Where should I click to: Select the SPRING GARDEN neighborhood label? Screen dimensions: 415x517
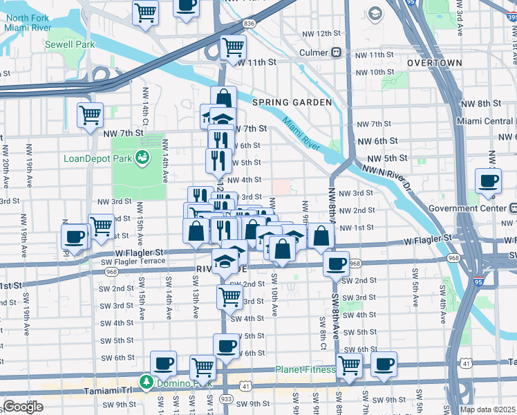[292, 102]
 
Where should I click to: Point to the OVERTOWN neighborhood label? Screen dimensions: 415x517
[434, 63]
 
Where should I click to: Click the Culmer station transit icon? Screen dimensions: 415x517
[337, 53]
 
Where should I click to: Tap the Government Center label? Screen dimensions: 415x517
[467, 208]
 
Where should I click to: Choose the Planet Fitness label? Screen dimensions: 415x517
[305, 369]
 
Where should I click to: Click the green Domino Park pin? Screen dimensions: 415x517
[146, 381]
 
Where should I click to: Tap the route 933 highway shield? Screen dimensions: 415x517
[225, 399]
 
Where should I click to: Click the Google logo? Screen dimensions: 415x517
[23, 407]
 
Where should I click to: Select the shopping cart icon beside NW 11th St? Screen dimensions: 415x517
[233, 48]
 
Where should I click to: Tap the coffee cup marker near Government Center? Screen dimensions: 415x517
[488, 181]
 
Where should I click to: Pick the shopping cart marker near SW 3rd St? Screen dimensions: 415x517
[229, 297]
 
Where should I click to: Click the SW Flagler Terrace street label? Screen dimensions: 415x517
[133, 261]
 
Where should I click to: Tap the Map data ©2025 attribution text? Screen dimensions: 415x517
[488, 409]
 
